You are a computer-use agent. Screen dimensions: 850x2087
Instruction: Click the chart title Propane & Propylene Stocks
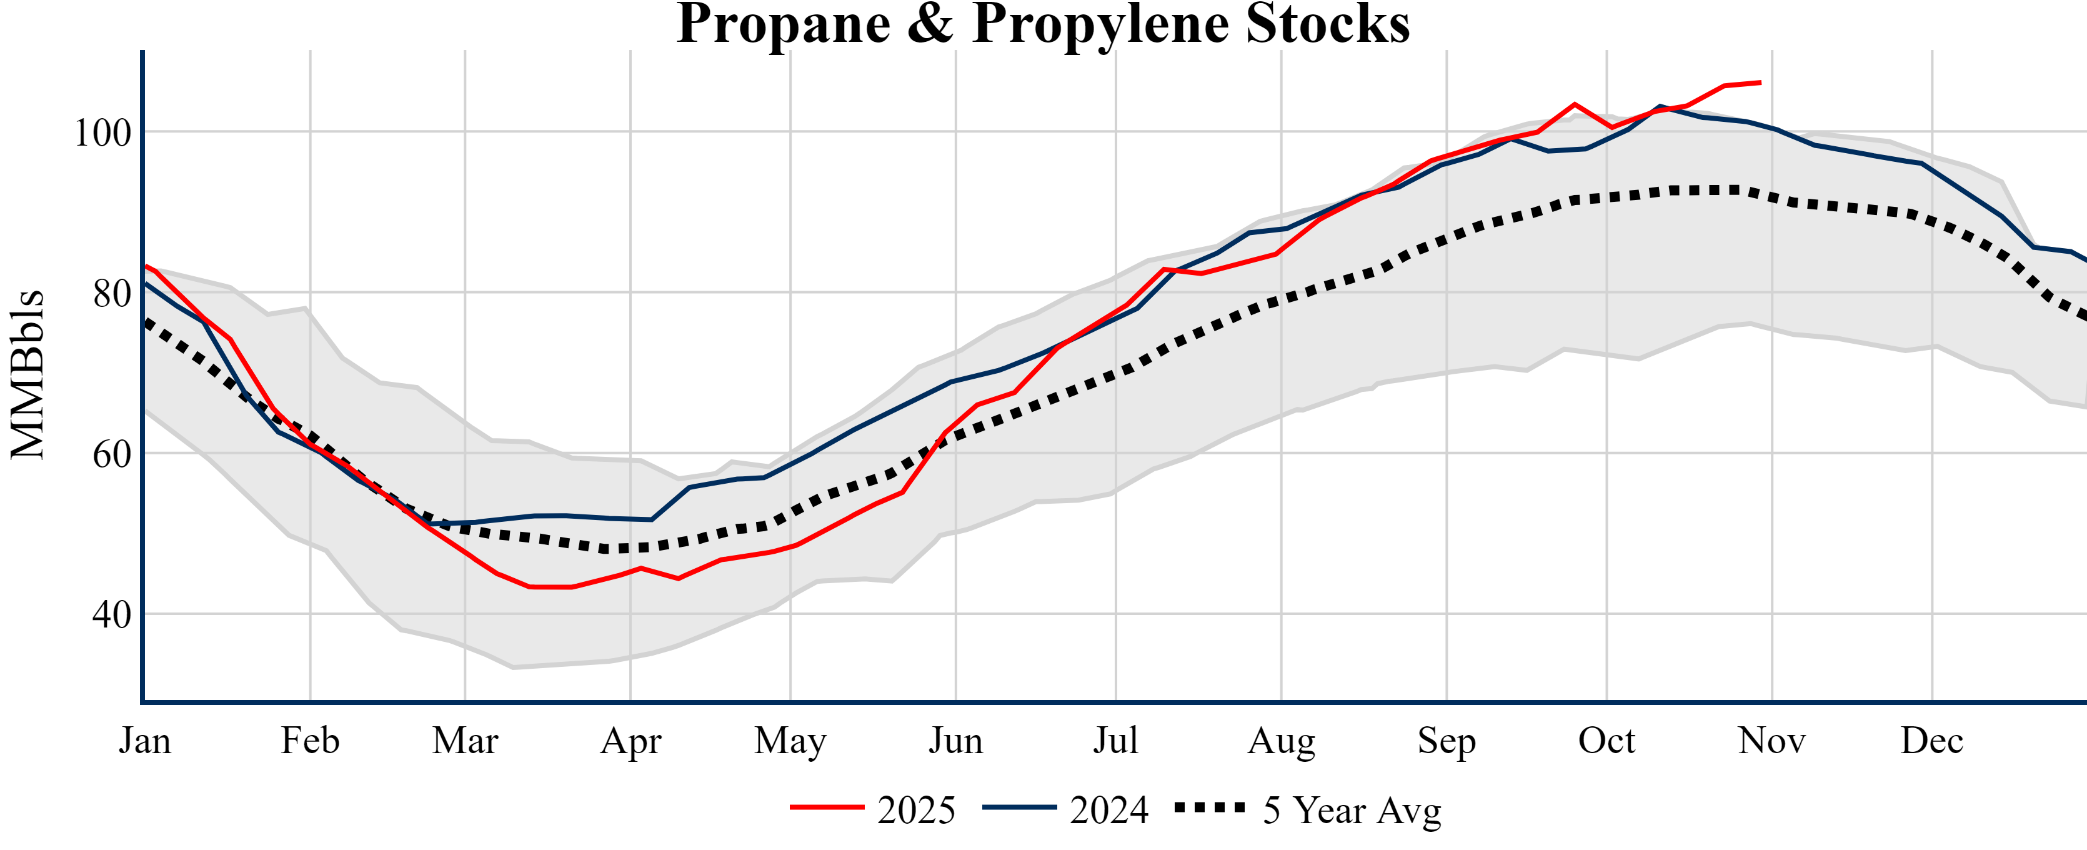(x=1043, y=24)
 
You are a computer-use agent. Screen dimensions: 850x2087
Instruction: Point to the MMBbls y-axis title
(x=27, y=374)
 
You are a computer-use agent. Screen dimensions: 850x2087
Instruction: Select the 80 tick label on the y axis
(x=112, y=293)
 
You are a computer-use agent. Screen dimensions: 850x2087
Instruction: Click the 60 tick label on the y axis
(x=112, y=454)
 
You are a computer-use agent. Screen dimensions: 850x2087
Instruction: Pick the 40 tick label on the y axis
(x=112, y=615)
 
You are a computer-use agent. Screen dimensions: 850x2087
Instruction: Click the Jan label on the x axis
(x=144, y=741)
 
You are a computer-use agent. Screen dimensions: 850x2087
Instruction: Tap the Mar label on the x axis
(x=465, y=741)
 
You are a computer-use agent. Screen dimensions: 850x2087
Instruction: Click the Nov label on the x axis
(x=1772, y=741)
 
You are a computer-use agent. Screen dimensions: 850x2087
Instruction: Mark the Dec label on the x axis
(x=1932, y=741)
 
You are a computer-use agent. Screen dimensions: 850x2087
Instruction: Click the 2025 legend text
(x=916, y=810)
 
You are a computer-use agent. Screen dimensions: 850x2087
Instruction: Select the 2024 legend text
(x=1109, y=810)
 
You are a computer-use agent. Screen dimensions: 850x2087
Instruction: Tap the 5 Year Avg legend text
(x=1352, y=810)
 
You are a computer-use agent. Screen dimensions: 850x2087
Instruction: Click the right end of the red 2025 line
(x=1760, y=82)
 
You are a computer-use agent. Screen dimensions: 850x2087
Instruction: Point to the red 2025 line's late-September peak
(x=1574, y=104)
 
